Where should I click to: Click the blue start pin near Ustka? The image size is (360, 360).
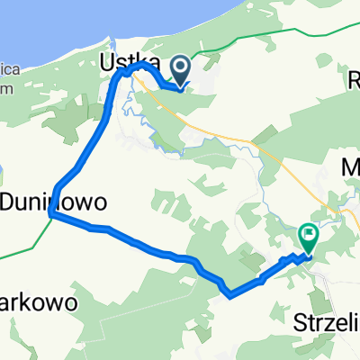point(181,69)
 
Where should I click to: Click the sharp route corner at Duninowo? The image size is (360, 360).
point(52,215)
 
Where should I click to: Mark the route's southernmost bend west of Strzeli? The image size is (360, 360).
point(230,293)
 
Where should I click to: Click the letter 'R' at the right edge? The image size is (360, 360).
point(353,80)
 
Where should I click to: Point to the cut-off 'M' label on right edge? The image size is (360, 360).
point(352,167)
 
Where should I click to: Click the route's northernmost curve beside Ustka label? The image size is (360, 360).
point(137,66)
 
